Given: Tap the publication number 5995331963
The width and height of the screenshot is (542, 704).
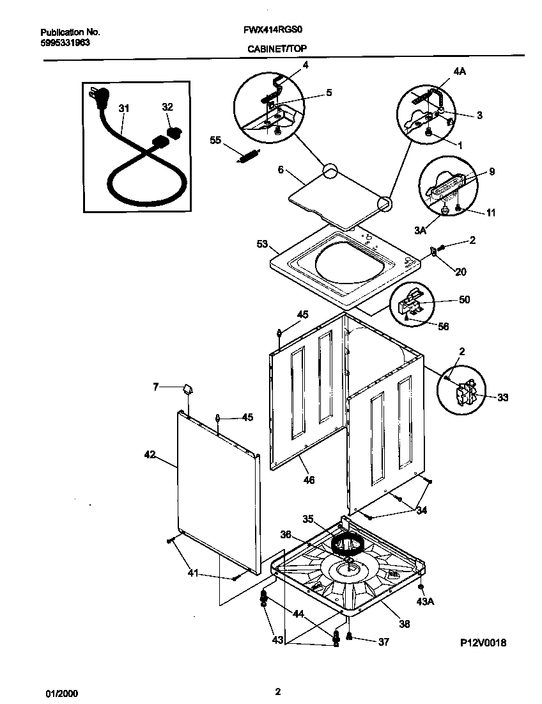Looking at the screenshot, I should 63,44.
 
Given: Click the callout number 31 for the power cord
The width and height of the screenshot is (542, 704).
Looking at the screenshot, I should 123,109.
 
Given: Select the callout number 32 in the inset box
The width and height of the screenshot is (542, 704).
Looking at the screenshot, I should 167,108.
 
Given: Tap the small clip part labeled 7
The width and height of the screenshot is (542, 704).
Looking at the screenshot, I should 187,388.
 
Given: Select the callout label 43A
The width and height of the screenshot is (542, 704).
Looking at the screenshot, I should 424,602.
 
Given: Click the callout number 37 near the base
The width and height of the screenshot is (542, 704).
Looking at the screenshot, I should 383,642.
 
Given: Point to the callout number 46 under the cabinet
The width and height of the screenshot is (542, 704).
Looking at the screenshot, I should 308,479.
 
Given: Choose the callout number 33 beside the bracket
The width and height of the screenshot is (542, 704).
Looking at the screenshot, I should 502,397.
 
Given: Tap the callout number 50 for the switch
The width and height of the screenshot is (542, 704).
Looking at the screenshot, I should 464,300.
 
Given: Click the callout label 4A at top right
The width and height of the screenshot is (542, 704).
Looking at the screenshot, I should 460,72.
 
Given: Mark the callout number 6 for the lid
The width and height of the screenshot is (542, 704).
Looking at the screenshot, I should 280,171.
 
